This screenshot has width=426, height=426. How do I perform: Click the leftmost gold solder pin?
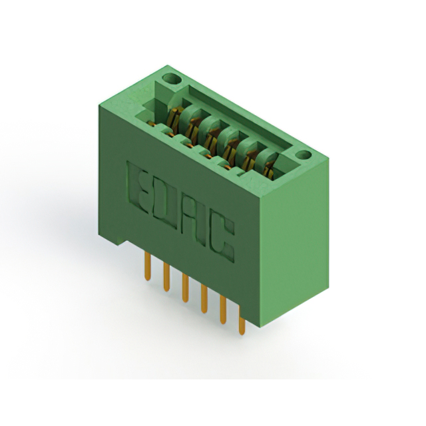147,266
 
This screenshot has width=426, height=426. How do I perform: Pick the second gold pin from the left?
166,278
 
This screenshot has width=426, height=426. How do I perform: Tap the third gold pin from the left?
185,288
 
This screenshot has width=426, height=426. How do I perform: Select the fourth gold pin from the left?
204,299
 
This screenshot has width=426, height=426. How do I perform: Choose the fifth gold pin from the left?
223,310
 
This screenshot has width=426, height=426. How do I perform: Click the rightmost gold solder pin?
242,320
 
